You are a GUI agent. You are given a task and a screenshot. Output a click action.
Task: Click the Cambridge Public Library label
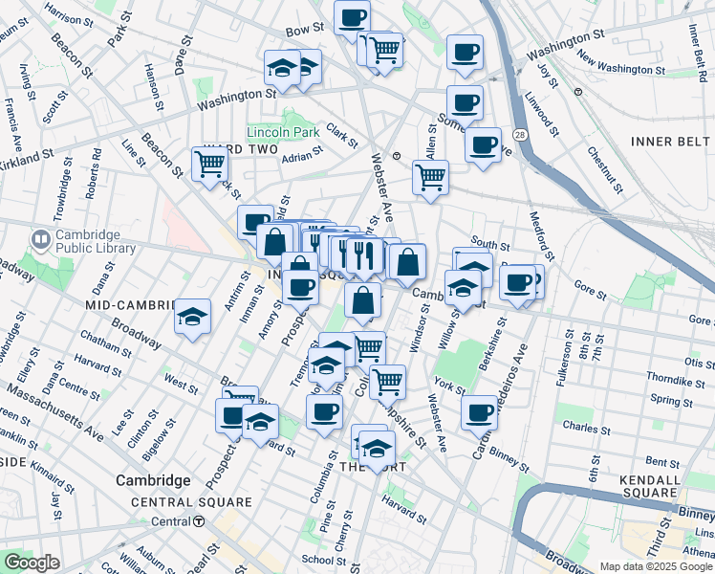87,243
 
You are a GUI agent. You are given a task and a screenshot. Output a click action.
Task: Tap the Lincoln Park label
282,132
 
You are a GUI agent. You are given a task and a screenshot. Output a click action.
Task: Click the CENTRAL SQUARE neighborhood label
191,502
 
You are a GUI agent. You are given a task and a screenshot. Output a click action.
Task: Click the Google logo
32,562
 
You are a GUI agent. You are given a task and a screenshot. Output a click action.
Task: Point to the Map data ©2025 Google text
655,566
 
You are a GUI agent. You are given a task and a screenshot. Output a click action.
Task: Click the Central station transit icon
199,521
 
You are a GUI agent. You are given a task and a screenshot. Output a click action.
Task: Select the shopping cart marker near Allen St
430,176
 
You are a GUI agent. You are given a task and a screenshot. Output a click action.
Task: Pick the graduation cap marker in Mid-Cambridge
192,317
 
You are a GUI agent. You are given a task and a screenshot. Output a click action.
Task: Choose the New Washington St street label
620,69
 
